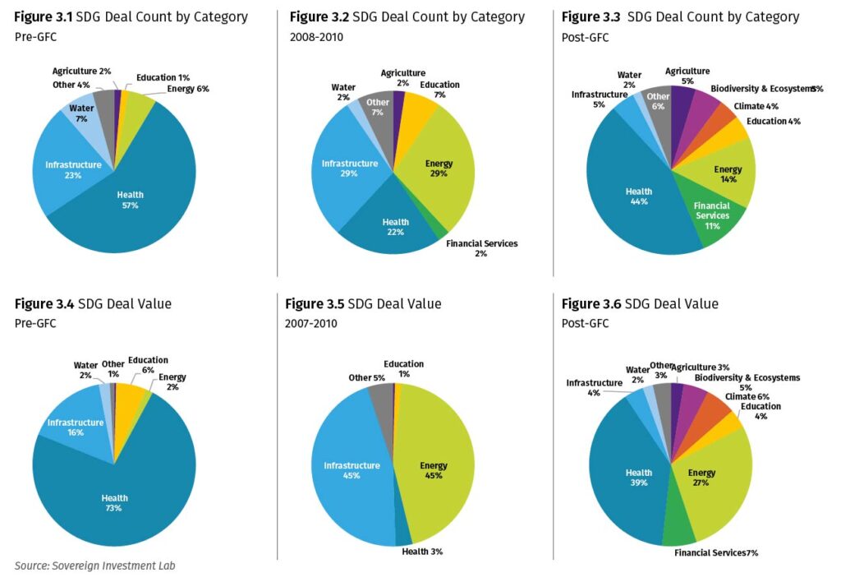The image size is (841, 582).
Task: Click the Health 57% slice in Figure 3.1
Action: point(140,206)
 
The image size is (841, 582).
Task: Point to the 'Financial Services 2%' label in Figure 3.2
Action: point(481,248)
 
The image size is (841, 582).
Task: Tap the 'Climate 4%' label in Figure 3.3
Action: point(756,106)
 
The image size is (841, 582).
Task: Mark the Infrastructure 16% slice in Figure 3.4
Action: point(74,426)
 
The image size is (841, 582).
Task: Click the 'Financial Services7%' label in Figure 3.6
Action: point(716,552)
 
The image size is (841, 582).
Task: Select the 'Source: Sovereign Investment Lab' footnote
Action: point(94,566)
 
